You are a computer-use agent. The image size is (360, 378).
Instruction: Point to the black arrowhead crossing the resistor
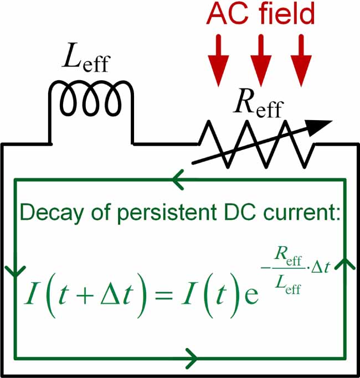click(321, 127)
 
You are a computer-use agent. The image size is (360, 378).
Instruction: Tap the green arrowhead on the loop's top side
click(178, 179)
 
